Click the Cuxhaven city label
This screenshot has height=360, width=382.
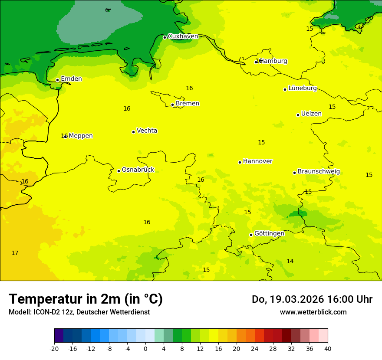183,36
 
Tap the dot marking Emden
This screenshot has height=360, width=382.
57,80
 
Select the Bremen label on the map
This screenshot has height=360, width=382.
188,104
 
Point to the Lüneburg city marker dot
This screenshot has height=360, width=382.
285,89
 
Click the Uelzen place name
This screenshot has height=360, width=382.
311,114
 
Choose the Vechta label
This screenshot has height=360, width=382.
147,131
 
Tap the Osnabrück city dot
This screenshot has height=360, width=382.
119,171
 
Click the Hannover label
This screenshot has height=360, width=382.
257,161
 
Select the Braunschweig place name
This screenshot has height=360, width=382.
319,172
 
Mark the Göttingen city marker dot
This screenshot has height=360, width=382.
251,235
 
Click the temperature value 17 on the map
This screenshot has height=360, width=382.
15,253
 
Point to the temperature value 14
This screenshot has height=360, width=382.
290,261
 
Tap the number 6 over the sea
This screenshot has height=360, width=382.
107,10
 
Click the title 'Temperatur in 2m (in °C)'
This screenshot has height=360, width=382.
86,299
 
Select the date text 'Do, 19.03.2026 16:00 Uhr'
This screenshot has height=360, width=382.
312,299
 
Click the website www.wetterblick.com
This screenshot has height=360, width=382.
313,312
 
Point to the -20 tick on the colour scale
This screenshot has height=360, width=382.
54,348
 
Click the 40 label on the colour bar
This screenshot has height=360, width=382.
328,348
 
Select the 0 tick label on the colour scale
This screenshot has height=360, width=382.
145,348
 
